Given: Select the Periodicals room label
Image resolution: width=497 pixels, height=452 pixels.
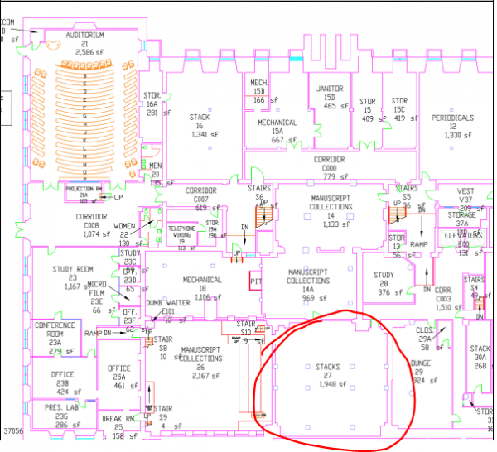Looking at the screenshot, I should tap(452, 118).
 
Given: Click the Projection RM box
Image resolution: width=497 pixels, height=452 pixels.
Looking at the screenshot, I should tap(87, 190).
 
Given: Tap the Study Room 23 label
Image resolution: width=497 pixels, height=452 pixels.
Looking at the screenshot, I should tap(70, 269).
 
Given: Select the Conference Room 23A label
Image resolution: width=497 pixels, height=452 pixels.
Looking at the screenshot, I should tap(55, 329).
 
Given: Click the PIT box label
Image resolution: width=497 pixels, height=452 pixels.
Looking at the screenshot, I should tap(256, 281).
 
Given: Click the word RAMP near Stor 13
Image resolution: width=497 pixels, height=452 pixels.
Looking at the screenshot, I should tap(419, 244).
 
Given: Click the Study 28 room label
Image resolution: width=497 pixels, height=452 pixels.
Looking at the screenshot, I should tap(384, 276).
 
